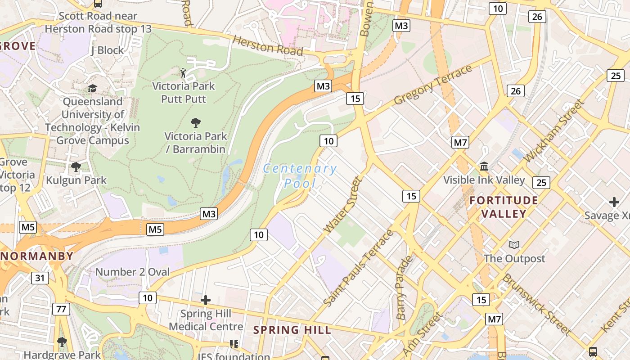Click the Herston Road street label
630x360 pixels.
point(268,45)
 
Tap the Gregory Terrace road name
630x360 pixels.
point(433,85)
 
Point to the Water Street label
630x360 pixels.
point(343,205)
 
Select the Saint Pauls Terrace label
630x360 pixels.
point(358,269)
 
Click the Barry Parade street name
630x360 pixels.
point(404,288)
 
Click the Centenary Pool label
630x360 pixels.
point(300,176)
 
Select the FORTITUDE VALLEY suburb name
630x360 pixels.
point(504,207)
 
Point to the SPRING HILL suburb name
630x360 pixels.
point(292,330)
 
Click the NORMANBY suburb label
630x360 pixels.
point(37,256)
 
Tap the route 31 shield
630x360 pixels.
point(40,278)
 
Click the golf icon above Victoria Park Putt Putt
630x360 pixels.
point(184,73)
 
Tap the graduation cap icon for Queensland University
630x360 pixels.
point(92,88)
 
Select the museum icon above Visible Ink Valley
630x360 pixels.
point(484,166)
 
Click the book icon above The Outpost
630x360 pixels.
point(514,245)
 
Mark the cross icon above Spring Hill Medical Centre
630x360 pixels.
point(206,300)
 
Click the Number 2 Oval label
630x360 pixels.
point(133,272)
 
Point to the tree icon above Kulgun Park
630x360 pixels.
point(76,167)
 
